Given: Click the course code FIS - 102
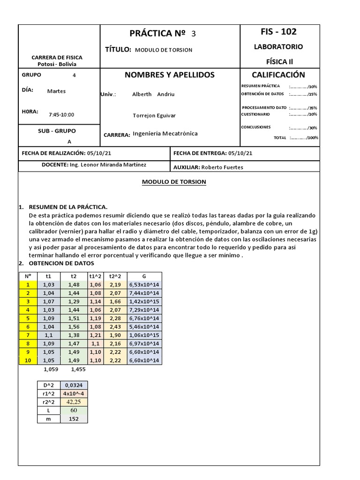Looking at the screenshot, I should click(x=278, y=32).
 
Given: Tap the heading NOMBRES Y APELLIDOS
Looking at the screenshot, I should click(x=169, y=75).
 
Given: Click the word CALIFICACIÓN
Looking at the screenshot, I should click(x=278, y=75).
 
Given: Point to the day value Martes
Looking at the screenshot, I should click(x=57, y=91).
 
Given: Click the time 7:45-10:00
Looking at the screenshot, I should click(x=61, y=115).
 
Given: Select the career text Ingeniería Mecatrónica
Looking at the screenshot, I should click(x=165, y=134).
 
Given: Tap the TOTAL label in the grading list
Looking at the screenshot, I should click(x=280, y=138).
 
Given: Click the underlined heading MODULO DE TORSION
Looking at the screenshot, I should click(x=174, y=182).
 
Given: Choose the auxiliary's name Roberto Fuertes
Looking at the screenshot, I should click(x=222, y=167).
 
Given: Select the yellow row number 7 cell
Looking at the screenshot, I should click(x=28, y=335).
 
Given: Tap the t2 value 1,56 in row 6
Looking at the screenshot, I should click(x=73, y=327).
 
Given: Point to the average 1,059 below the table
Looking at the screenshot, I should click(x=50, y=369).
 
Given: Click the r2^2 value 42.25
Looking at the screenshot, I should click(x=74, y=402).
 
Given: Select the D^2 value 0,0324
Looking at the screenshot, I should click(x=74, y=385).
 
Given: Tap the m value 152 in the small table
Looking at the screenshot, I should click(x=74, y=419).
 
